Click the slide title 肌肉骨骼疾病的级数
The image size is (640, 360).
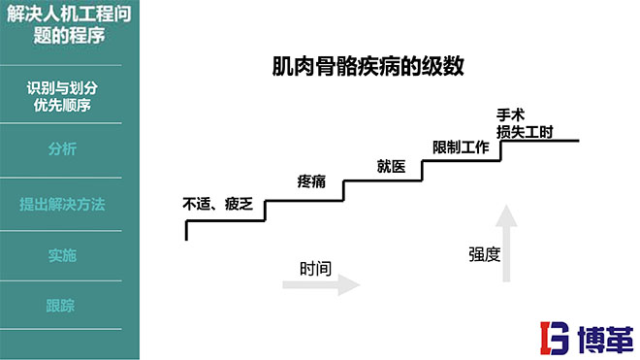point(368,67)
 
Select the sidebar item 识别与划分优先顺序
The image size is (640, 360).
point(70,96)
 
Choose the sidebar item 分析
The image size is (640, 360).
point(62,149)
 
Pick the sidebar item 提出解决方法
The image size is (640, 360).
point(62,205)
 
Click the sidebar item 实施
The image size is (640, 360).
point(62,256)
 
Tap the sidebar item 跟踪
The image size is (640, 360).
point(60,307)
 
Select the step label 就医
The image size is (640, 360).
point(391,164)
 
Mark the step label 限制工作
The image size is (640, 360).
point(460,147)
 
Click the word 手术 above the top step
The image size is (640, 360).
point(510,114)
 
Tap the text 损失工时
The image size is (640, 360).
point(525,131)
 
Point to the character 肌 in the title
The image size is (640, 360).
point(283,67)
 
